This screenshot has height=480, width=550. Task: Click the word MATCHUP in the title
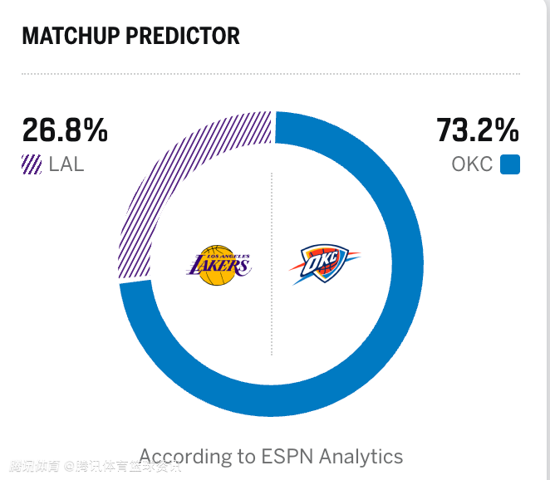pyautogui.click(x=68, y=36)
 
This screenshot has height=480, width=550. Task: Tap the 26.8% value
pyautogui.click(x=65, y=130)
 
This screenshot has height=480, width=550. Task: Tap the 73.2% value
pyautogui.click(x=478, y=130)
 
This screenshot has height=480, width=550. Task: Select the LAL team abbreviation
pyautogui.click(x=66, y=164)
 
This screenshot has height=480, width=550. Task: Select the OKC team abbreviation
pyautogui.click(x=472, y=164)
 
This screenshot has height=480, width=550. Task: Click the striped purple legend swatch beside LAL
pyautogui.click(x=32, y=164)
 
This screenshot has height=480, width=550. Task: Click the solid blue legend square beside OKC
pyautogui.click(x=510, y=164)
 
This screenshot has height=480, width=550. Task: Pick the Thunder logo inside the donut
pyautogui.click(x=325, y=264)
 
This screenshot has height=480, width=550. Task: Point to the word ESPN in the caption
pyautogui.click(x=287, y=456)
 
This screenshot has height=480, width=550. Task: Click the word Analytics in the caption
pyautogui.click(x=361, y=456)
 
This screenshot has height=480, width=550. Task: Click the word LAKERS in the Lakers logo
pyautogui.click(x=218, y=267)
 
